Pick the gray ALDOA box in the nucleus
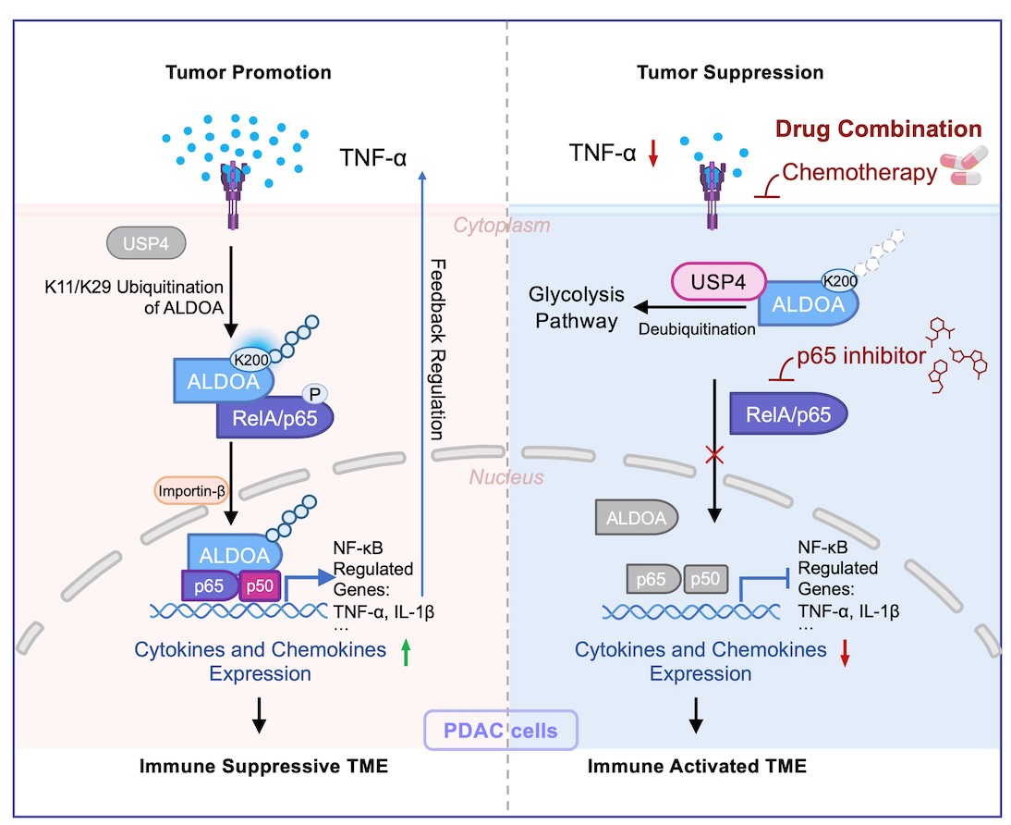coord(639,518)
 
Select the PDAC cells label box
coord(500,730)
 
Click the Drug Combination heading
coord(877,129)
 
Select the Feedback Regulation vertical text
coord(438,347)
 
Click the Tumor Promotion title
coord(247,72)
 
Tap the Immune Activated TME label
coord(697,766)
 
